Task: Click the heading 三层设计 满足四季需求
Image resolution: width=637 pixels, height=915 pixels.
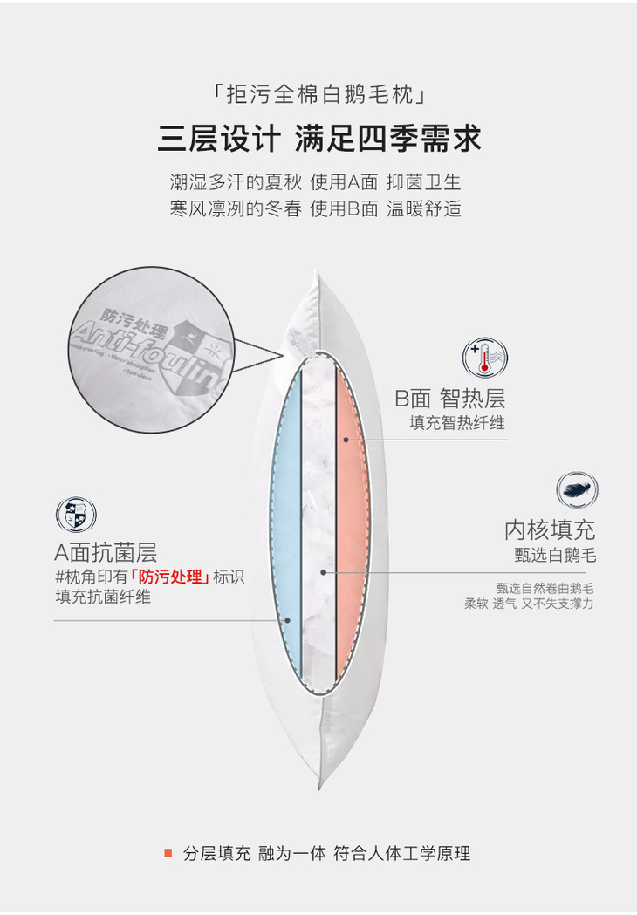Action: (318, 140)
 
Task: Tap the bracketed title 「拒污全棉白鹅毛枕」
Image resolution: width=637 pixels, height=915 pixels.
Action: (318, 92)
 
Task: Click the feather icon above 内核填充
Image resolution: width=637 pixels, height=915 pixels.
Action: (577, 490)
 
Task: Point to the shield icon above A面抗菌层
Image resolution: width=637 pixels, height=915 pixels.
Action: (76, 515)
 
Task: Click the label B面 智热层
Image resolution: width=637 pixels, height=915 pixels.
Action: (449, 399)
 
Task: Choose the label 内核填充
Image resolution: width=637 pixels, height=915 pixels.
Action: (550, 529)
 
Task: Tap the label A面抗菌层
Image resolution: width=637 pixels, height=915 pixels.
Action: (106, 552)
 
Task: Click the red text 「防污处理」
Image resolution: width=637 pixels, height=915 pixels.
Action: (168, 577)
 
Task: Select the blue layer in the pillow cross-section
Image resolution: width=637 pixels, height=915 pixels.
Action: (285, 523)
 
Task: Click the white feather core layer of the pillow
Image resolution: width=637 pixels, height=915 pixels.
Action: (318, 523)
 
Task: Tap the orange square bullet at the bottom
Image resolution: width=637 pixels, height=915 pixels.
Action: (168, 853)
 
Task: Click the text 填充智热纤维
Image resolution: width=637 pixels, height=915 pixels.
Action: (457, 423)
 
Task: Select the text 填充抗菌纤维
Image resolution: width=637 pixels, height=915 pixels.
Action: (103, 597)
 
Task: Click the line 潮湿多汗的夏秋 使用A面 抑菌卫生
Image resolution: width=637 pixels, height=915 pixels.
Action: (315, 183)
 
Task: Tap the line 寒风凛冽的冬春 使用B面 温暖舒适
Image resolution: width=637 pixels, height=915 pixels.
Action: (315, 209)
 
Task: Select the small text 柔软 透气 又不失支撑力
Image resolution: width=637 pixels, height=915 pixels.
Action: (529, 603)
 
